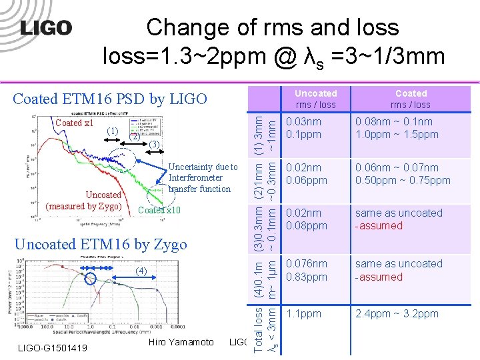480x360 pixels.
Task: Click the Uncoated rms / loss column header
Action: point(315,99)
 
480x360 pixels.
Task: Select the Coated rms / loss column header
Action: point(411,99)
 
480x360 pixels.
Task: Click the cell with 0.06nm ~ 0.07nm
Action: point(403,174)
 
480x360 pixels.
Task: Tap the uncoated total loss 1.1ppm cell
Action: point(303,313)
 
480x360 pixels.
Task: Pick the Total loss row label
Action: point(265,329)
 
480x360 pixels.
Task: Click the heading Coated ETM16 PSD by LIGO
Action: point(110,99)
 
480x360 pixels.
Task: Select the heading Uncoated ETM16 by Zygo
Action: point(100,244)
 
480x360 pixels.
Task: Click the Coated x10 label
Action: point(159,210)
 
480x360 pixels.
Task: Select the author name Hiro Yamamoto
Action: point(181,343)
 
